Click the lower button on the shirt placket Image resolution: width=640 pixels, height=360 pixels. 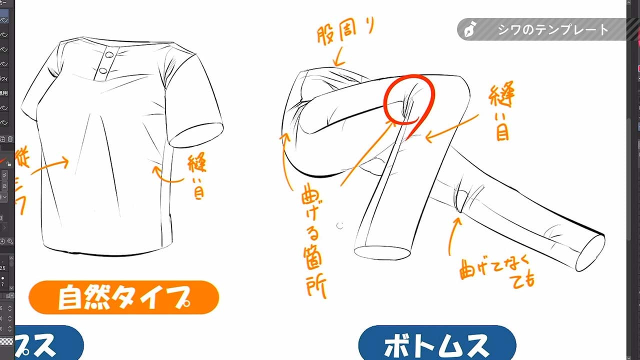pyautogui.click(x=104, y=70)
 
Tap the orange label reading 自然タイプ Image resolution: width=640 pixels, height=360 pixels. pyautogui.click(x=123, y=297)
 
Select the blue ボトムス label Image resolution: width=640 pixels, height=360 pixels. pyautogui.click(x=436, y=344)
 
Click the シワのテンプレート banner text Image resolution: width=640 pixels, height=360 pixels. pyautogui.click(x=553, y=29)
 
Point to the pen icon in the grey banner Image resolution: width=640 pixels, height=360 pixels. pyautogui.click(x=470, y=29)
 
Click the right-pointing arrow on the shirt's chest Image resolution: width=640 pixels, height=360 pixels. pyautogui.click(x=50, y=165)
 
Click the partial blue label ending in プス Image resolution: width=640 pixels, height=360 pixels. pyautogui.click(x=47, y=344)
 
